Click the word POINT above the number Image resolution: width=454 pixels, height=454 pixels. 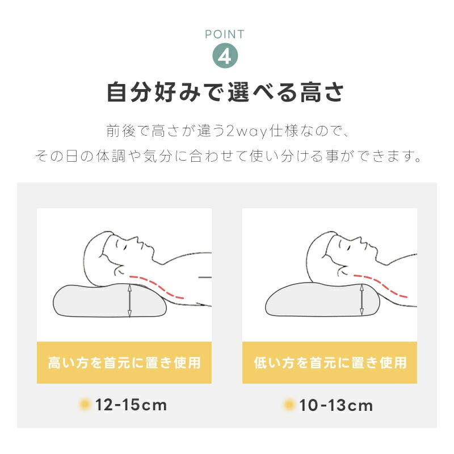[225, 35]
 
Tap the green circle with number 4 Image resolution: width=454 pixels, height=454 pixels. [225, 56]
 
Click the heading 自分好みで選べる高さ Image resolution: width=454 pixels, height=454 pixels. [225, 93]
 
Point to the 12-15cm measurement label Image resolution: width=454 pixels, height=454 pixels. [131, 405]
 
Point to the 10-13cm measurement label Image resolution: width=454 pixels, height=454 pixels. [336, 405]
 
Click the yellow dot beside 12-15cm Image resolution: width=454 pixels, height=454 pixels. [85, 404]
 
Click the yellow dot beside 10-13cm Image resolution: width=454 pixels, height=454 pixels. [289, 405]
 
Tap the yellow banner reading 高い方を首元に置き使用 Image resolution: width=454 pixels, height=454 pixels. [124, 363]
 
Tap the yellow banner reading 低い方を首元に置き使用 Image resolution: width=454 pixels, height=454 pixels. [330, 363]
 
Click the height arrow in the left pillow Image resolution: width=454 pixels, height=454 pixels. [130, 301]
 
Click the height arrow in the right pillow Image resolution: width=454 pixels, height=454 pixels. [361, 300]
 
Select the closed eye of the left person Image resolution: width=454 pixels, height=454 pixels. [125, 246]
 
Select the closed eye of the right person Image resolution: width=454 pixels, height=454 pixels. [350, 246]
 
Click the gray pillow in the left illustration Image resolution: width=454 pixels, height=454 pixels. [110, 301]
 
